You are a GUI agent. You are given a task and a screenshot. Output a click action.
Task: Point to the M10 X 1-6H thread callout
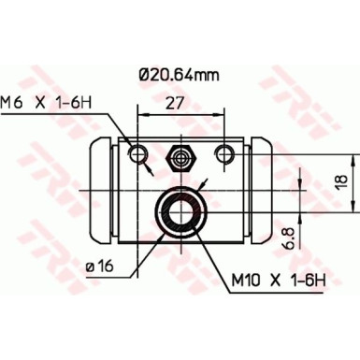pyautogui.click(x=278, y=278)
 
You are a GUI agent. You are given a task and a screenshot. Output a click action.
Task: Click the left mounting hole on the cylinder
pyautogui.click(x=138, y=152)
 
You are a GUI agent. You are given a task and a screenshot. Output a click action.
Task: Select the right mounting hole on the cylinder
pyautogui.click(x=223, y=152)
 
